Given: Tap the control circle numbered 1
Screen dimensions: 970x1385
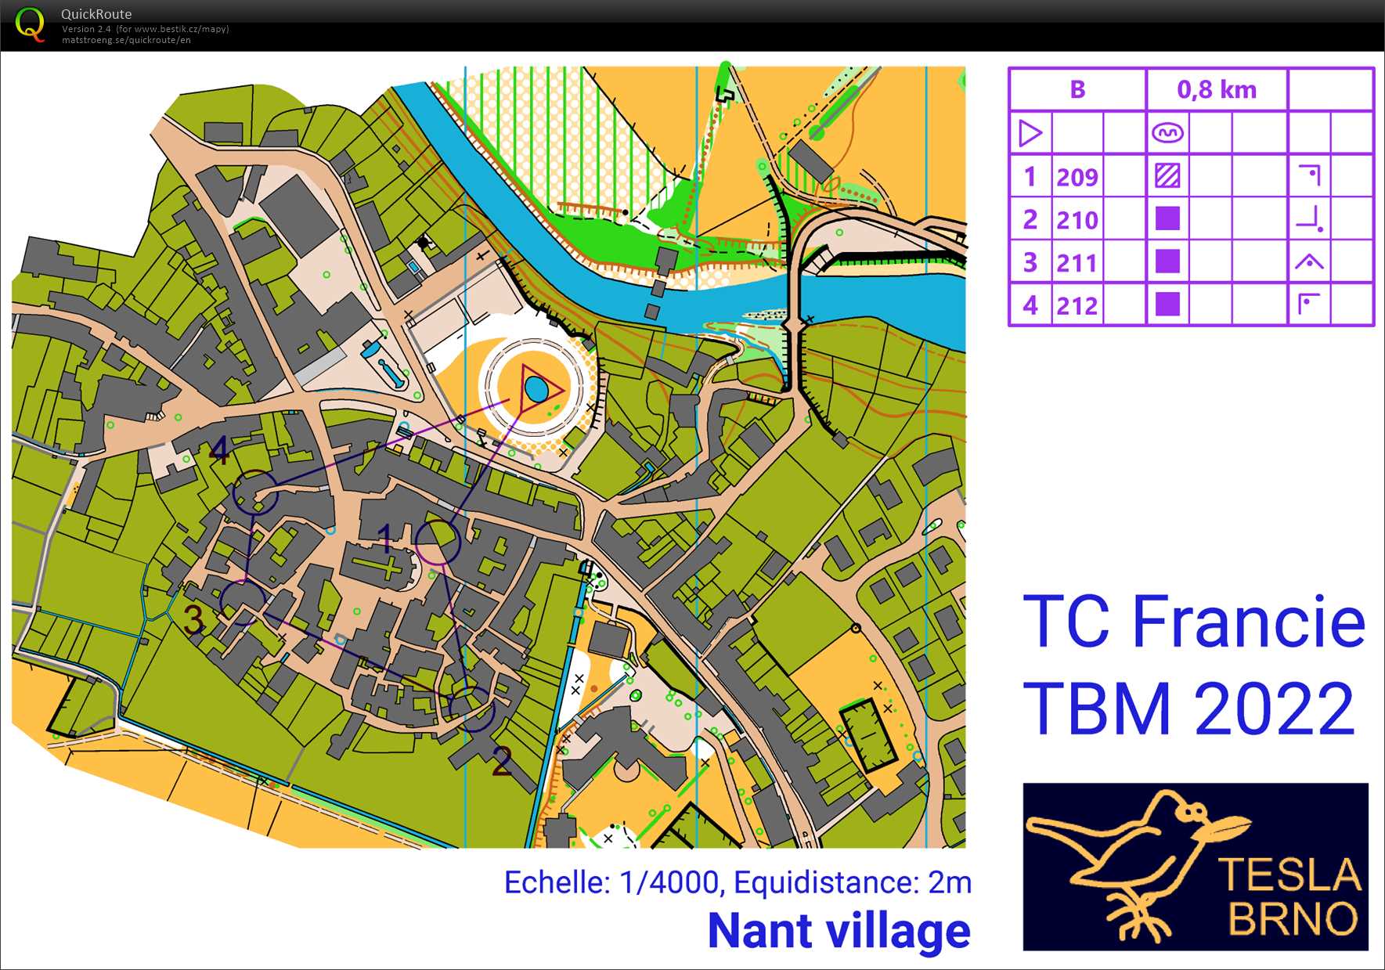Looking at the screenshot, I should click(x=438, y=542).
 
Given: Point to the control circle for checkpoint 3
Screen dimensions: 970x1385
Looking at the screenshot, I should click(x=243, y=602).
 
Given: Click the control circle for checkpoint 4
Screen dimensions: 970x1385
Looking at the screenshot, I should click(x=255, y=492).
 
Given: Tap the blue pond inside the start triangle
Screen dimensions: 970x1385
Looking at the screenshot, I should click(x=536, y=388).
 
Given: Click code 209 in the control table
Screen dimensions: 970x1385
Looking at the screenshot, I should click(x=1077, y=177).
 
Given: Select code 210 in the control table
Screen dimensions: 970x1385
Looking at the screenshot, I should click(x=1077, y=220).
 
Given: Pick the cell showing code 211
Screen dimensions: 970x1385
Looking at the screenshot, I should click(x=1077, y=263).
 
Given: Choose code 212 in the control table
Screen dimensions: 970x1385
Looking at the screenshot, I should click(x=1077, y=305).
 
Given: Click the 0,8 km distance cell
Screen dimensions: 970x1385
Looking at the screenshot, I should click(x=1216, y=90).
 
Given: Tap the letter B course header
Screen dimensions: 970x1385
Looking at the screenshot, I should click(x=1077, y=90).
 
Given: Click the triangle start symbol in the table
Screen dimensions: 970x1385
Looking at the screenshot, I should click(x=1030, y=133).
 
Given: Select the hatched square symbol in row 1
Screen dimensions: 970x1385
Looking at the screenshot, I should click(x=1167, y=176).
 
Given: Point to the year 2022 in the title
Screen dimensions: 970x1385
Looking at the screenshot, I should click(x=1275, y=709).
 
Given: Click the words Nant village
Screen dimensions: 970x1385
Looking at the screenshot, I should click(x=839, y=931).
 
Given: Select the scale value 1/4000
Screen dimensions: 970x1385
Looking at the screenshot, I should click(x=669, y=883).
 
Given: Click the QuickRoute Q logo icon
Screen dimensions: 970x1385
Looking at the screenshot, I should click(x=30, y=24).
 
